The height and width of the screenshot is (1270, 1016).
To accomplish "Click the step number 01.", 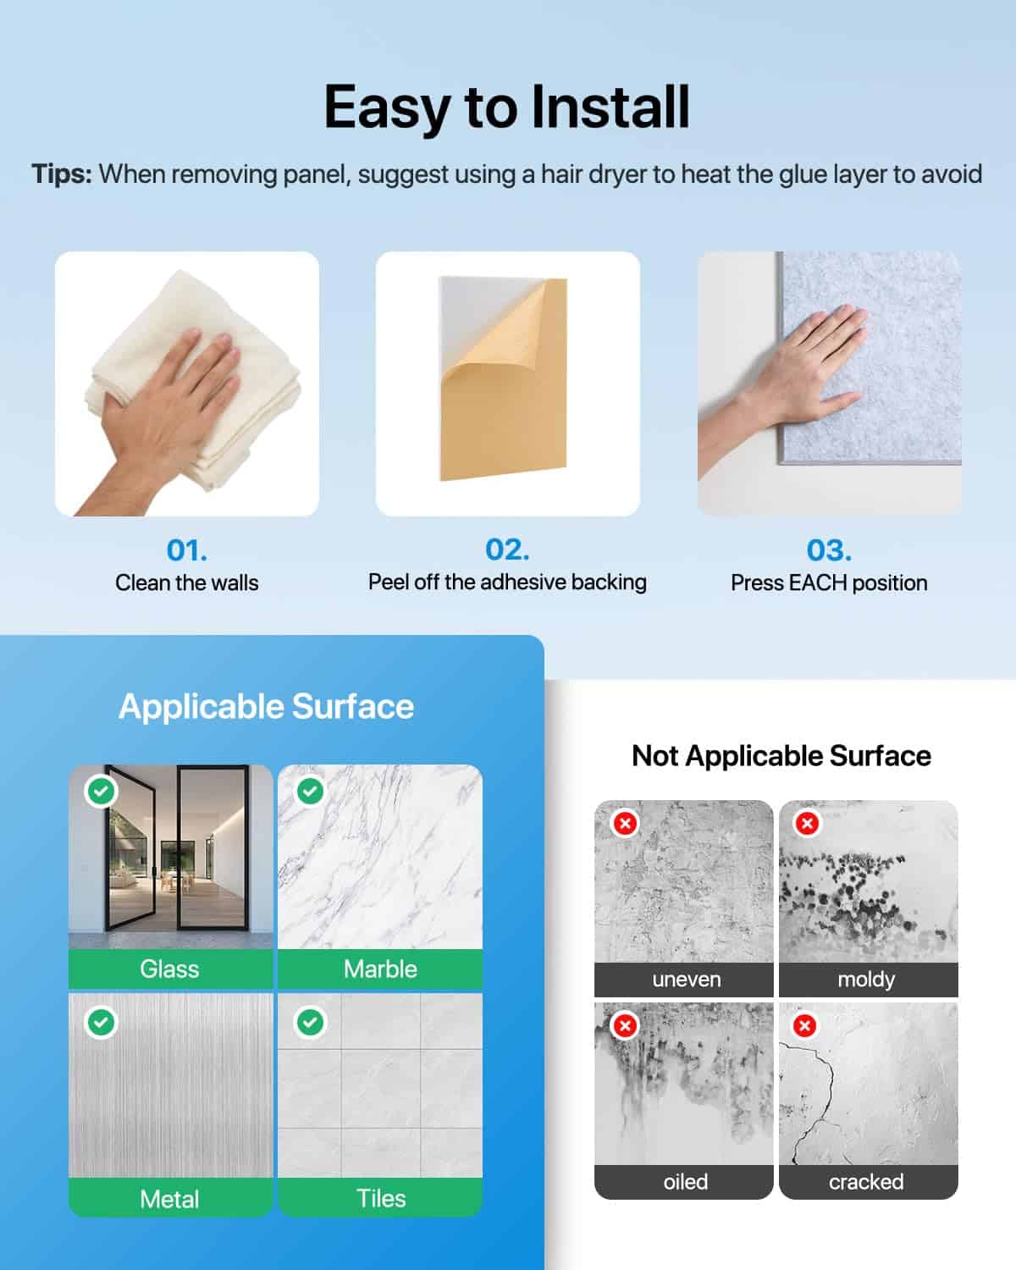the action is point(186,550).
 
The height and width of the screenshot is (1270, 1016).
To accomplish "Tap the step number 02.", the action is point(507,549).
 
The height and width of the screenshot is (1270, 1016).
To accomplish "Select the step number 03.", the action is point(829,550).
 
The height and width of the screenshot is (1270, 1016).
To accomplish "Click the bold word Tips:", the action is point(62,174).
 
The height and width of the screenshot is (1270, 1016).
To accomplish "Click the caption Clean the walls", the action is point(186,583).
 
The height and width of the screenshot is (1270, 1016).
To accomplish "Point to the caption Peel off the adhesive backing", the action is point(507,583).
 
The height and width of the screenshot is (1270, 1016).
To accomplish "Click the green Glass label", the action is point(171,969).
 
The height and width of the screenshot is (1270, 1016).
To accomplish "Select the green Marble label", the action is point(380,969).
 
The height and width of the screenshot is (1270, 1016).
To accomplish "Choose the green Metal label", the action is point(171,1198).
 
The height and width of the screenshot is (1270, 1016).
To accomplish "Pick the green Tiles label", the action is point(380,1198).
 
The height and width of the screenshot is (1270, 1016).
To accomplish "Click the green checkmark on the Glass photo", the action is point(101,792).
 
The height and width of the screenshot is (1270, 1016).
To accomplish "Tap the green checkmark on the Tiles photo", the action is point(310,1022).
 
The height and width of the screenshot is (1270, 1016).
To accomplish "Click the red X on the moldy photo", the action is point(807,823).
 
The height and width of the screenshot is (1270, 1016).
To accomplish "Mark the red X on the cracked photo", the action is point(804,1026).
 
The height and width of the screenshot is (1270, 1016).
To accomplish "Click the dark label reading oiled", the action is point(683,1182).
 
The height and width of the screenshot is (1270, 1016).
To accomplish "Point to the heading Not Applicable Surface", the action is point(781,756).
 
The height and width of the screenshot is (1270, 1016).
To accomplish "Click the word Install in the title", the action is point(610,107).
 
